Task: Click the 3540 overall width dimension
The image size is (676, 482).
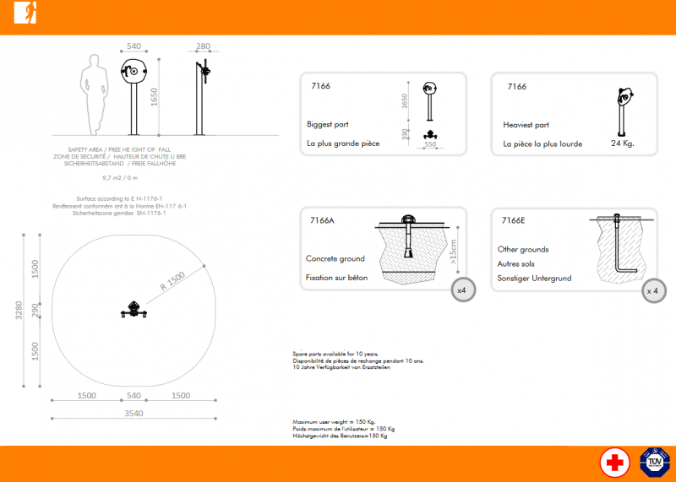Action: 134,414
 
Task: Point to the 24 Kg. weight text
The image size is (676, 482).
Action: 622,144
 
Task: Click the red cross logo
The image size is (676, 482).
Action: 614,463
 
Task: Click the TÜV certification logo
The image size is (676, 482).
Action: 655,463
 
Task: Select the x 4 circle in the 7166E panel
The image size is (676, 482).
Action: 652,290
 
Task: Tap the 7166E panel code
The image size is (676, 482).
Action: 512,220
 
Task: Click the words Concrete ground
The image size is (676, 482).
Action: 335,258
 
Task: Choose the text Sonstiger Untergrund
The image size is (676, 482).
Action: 534,278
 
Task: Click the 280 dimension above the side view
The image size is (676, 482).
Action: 203,46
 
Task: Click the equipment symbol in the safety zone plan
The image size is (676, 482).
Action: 134,310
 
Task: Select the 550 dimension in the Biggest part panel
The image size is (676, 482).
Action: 429,145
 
